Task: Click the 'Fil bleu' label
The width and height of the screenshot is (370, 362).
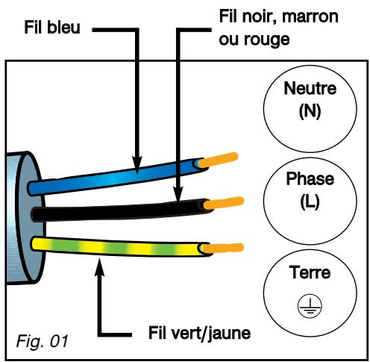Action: pyautogui.click(x=52, y=27)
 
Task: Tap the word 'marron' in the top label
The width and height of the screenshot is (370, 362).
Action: pyautogui.click(x=310, y=17)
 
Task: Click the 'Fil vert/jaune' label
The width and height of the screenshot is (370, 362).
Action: pyautogui.click(x=199, y=333)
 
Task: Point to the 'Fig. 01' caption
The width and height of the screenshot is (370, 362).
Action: pyautogui.click(x=42, y=340)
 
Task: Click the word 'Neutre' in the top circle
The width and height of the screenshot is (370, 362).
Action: pyautogui.click(x=310, y=88)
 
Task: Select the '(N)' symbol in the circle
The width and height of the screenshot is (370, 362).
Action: pyautogui.click(x=310, y=111)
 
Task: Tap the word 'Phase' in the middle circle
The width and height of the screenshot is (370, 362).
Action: pyautogui.click(x=310, y=178)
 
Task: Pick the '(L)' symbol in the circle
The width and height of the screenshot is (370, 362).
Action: pyautogui.click(x=310, y=202)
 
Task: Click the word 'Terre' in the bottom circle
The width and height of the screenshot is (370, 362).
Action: pyautogui.click(x=310, y=272)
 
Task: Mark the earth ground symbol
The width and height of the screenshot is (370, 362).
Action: pyautogui.click(x=310, y=306)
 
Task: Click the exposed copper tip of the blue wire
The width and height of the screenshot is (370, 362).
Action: pyautogui.click(x=218, y=160)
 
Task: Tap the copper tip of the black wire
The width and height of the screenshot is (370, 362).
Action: pyautogui.click(x=223, y=203)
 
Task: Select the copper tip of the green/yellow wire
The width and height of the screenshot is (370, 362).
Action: pyautogui.click(x=222, y=248)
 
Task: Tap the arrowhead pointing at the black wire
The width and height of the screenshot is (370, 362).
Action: pyautogui.click(x=178, y=193)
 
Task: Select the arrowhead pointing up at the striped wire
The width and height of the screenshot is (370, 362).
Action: pyautogui.click(x=100, y=267)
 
